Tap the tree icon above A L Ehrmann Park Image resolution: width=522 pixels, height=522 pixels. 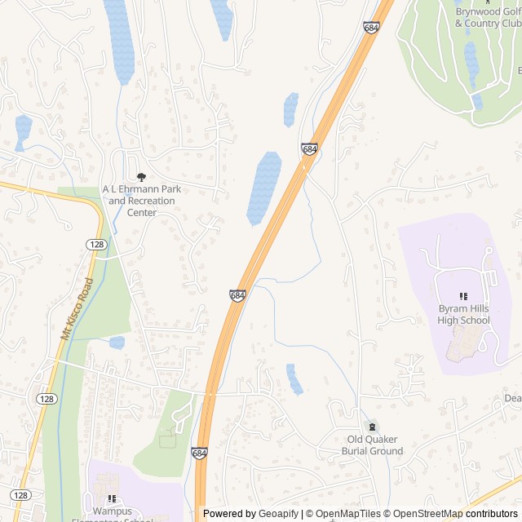pyautogui.click(x=142, y=177)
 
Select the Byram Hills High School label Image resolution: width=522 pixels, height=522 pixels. pyautogui.click(x=463, y=314)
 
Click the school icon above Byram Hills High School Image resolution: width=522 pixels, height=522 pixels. pyautogui.click(x=463, y=296)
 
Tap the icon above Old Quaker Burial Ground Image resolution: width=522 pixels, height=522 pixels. pyautogui.click(x=372, y=427)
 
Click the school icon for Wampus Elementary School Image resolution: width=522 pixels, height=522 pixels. pyautogui.click(x=113, y=498)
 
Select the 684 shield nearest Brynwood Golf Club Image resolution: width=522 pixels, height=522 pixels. pyautogui.click(x=372, y=28)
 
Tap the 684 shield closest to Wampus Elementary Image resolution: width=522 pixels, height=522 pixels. pyautogui.click(x=200, y=452)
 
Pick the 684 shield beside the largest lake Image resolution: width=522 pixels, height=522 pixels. pyautogui.click(x=308, y=149)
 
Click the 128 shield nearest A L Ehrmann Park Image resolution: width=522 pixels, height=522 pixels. pyautogui.click(x=96, y=245)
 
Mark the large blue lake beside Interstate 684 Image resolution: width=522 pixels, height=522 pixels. pyautogui.click(x=264, y=188)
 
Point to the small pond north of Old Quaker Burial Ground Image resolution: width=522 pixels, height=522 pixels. pyautogui.click(x=294, y=378)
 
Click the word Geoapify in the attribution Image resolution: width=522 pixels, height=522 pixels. pyautogui.click(x=275, y=514)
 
